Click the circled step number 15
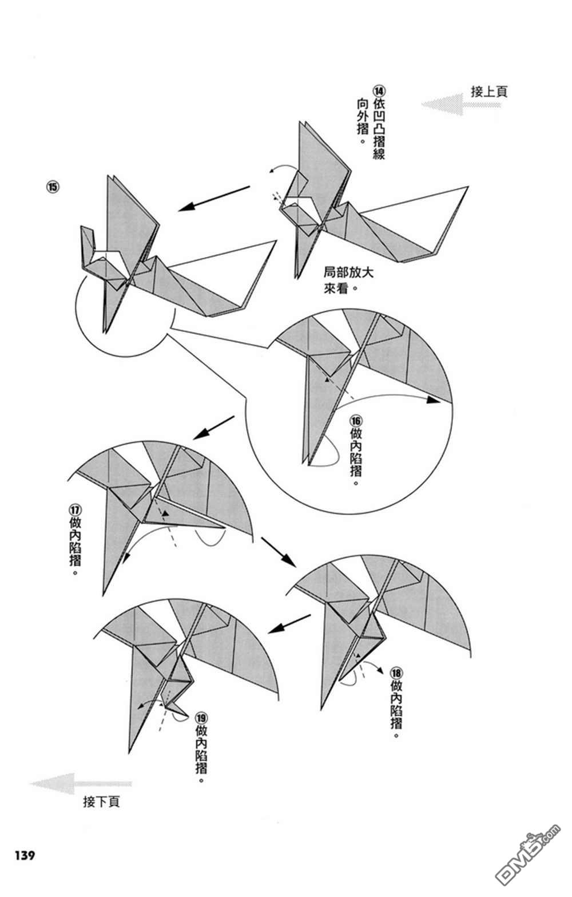[x=53, y=188]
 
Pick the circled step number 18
[x=396, y=672]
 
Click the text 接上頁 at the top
[x=488, y=92]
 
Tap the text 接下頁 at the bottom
[x=101, y=801]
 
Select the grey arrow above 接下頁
[x=80, y=783]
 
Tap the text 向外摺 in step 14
[x=362, y=123]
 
